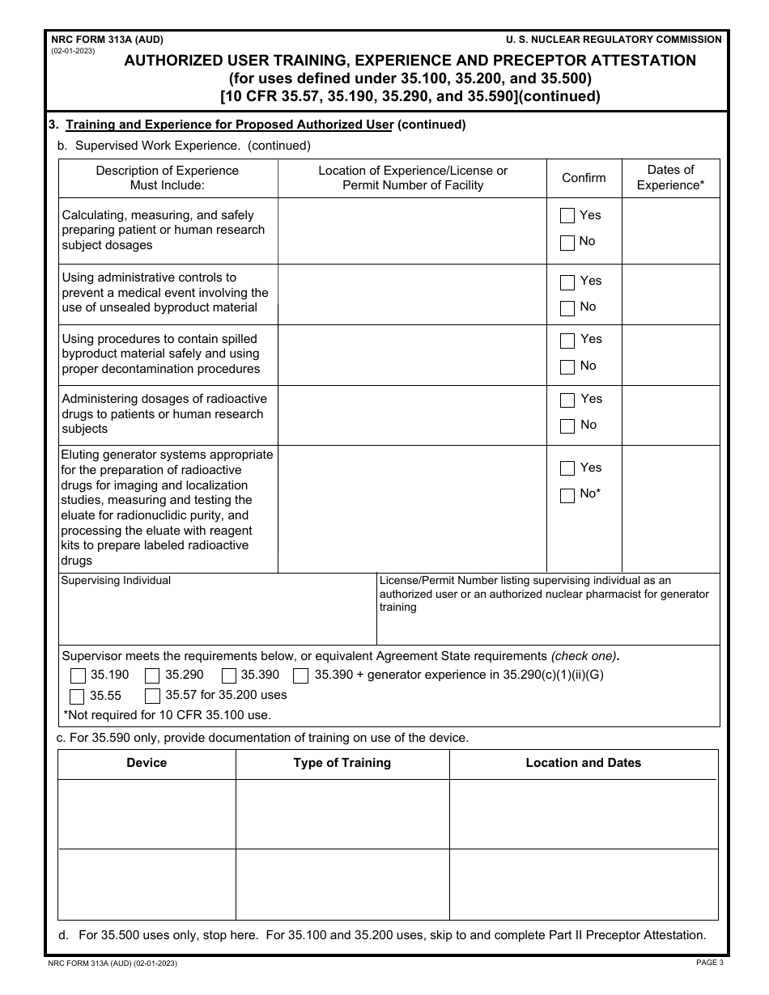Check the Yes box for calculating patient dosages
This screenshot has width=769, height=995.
click(x=567, y=215)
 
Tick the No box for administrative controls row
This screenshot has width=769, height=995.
click(x=567, y=307)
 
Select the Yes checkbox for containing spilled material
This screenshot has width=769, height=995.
click(x=567, y=340)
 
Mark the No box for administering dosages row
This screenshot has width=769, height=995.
click(x=567, y=426)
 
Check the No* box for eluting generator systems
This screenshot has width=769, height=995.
click(x=567, y=494)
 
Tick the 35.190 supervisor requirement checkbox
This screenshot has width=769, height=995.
click(x=78, y=675)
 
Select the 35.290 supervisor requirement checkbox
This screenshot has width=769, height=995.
click(x=152, y=675)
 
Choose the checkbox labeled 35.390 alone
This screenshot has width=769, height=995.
click(x=228, y=675)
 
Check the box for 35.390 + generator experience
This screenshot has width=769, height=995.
click(x=300, y=675)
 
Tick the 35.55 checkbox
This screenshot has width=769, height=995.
click(x=78, y=696)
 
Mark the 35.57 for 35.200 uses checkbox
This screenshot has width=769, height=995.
click(x=152, y=696)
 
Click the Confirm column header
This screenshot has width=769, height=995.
click(x=584, y=178)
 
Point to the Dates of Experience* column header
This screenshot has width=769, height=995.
click(x=670, y=178)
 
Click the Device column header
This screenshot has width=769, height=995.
click(x=147, y=763)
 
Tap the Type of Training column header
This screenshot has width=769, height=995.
click(x=342, y=763)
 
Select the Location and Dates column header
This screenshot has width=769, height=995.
click(x=583, y=763)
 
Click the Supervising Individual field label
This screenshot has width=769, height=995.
click(x=117, y=581)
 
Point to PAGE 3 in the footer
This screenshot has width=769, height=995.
click(x=709, y=963)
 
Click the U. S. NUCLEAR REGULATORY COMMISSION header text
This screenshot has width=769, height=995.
click(x=614, y=39)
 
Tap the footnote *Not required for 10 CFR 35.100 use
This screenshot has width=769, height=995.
click(x=167, y=715)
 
